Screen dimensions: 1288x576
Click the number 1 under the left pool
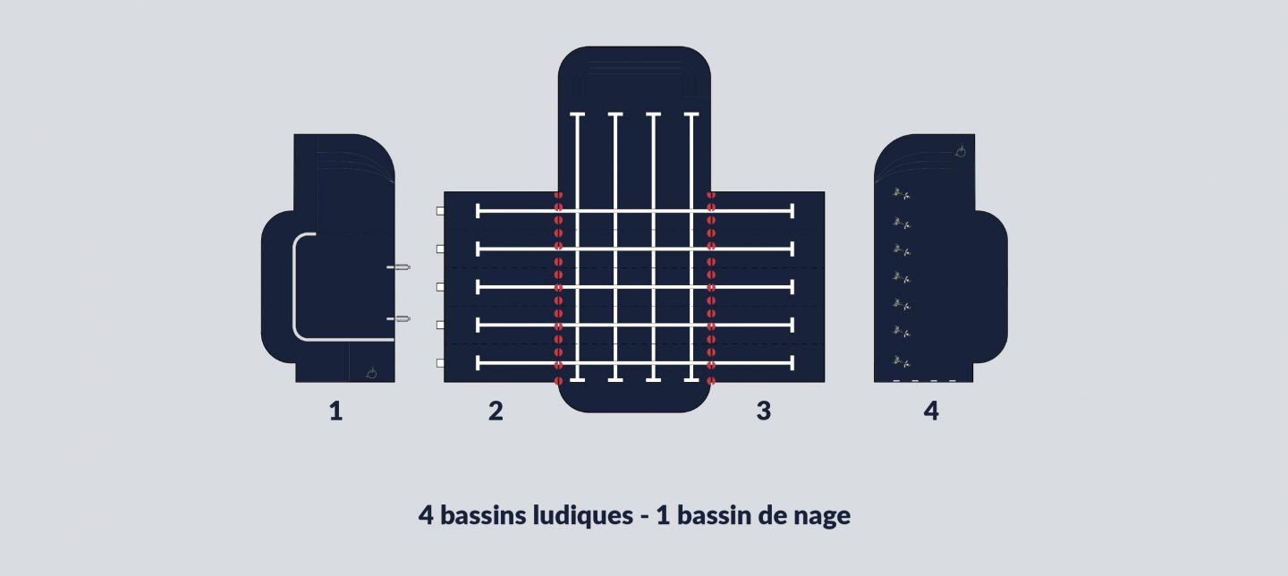336,411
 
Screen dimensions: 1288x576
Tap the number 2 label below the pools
496,411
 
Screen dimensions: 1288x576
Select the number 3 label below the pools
764,411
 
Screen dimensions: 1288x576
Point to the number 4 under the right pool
931,411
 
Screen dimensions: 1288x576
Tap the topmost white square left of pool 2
440,211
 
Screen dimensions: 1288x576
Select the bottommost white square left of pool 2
440,363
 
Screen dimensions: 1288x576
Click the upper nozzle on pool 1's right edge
399,267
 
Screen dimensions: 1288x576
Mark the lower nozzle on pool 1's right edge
399,318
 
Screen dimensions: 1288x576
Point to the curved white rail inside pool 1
294,286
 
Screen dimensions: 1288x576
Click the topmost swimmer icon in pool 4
901,194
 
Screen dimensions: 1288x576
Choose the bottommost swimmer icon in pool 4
901,361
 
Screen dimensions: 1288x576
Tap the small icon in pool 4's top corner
960,151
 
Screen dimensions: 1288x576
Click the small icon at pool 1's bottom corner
371,373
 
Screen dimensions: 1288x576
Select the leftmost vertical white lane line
577,247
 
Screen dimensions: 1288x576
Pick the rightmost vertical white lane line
691,247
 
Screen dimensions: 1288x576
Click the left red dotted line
558,287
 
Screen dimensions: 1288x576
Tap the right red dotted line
711,287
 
